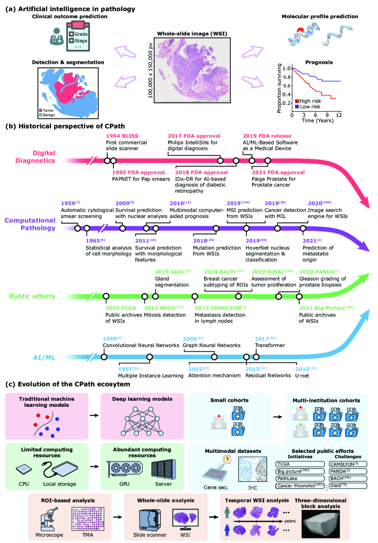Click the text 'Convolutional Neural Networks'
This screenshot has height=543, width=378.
point(141,346)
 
